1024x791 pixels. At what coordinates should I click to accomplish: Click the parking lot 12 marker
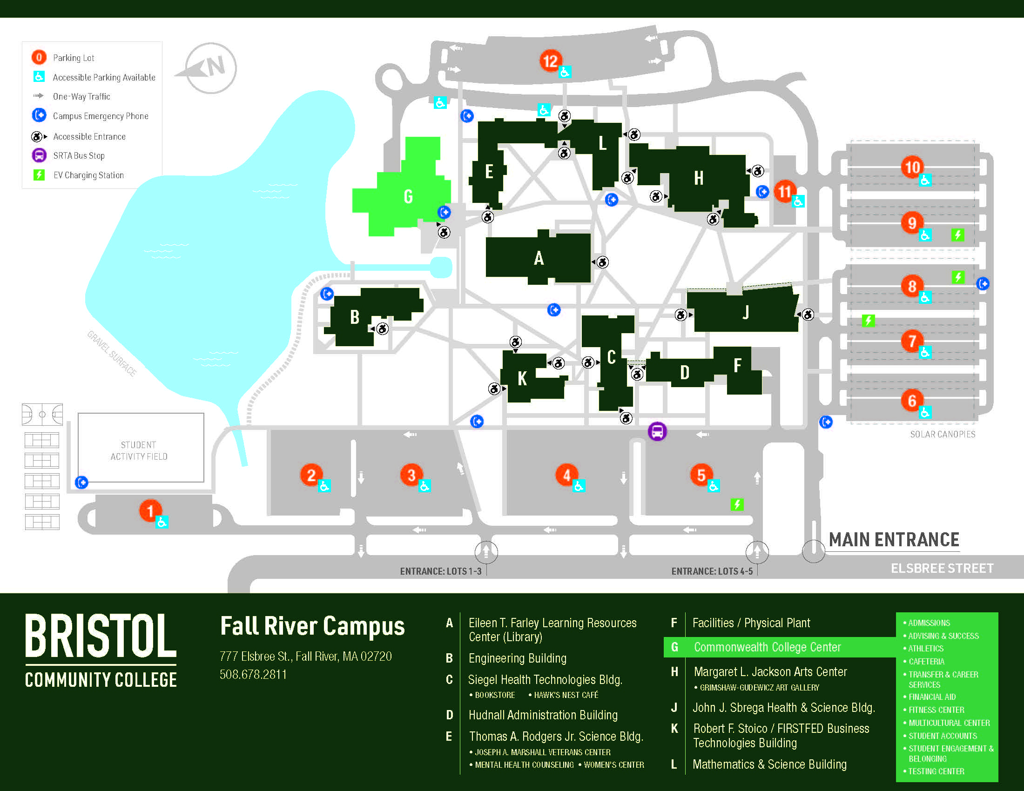[x=550, y=60]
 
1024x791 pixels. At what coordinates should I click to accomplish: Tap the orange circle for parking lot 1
[x=150, y=510]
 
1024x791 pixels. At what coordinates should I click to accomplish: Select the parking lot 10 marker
[x=912, y=167]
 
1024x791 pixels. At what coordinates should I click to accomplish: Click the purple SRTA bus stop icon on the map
[x=657, y=431]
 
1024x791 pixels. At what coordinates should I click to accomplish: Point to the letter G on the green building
[x=408, y=196]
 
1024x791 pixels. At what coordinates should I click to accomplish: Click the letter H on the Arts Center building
[x=699, y=179]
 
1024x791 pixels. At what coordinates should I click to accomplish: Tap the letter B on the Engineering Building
[x=355, y=317]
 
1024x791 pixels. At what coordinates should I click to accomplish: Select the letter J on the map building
[x=746, y=312]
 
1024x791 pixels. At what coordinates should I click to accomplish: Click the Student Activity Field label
[x=139, y=450]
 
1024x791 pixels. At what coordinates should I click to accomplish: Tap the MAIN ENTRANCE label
[x=894, y=540]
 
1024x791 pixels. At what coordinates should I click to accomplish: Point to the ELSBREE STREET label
[x=942, y=569]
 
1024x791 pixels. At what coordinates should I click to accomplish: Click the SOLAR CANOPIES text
[x=943, y=435]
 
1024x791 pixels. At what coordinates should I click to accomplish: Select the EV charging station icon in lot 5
[x=737, y=504]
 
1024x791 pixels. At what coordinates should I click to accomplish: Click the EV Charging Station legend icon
[x=39, y=175]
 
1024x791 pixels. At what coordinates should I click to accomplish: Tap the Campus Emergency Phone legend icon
[x=39, y=115]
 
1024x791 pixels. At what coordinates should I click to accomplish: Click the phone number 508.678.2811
[x=253, y=674]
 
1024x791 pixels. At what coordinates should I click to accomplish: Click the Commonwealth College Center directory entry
[x=768, y=647]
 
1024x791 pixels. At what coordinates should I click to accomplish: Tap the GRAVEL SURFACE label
[x=112, y=353]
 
